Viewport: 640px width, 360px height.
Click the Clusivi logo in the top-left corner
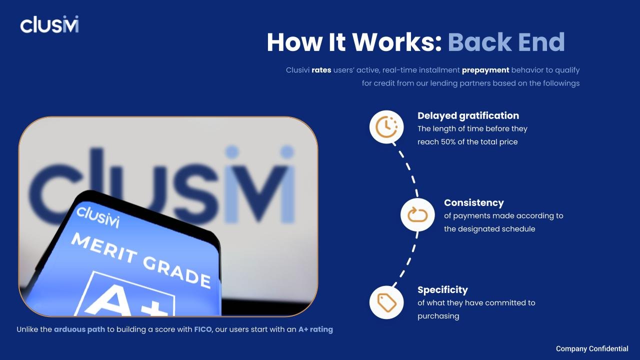(x=49, y=24)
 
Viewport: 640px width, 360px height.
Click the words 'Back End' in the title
(x=506, y=42)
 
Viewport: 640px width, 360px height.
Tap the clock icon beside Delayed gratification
(x=386, y=127)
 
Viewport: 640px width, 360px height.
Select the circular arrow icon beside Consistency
(x=417, y=215)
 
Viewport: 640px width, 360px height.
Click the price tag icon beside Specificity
(x=386, y=302)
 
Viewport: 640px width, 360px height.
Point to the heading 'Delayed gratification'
(x=468, y=115)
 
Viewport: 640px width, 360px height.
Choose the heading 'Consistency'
(x=473, y=202)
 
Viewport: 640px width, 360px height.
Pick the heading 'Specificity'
(x=442, y=289)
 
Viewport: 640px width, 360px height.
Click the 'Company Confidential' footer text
(x=592, y=348)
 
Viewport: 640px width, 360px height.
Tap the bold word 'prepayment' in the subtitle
(x=485, y=70)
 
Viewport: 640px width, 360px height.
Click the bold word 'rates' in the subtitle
(x=321, y=70)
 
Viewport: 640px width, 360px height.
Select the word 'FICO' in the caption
(x=203, y=329)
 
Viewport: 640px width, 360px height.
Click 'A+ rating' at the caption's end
(x=315, y=329)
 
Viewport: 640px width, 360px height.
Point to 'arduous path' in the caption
(x=79, y=329)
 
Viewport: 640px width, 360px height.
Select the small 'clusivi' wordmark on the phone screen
(x=98, y=216)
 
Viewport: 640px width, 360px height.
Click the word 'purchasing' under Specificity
(x=438, y=315)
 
